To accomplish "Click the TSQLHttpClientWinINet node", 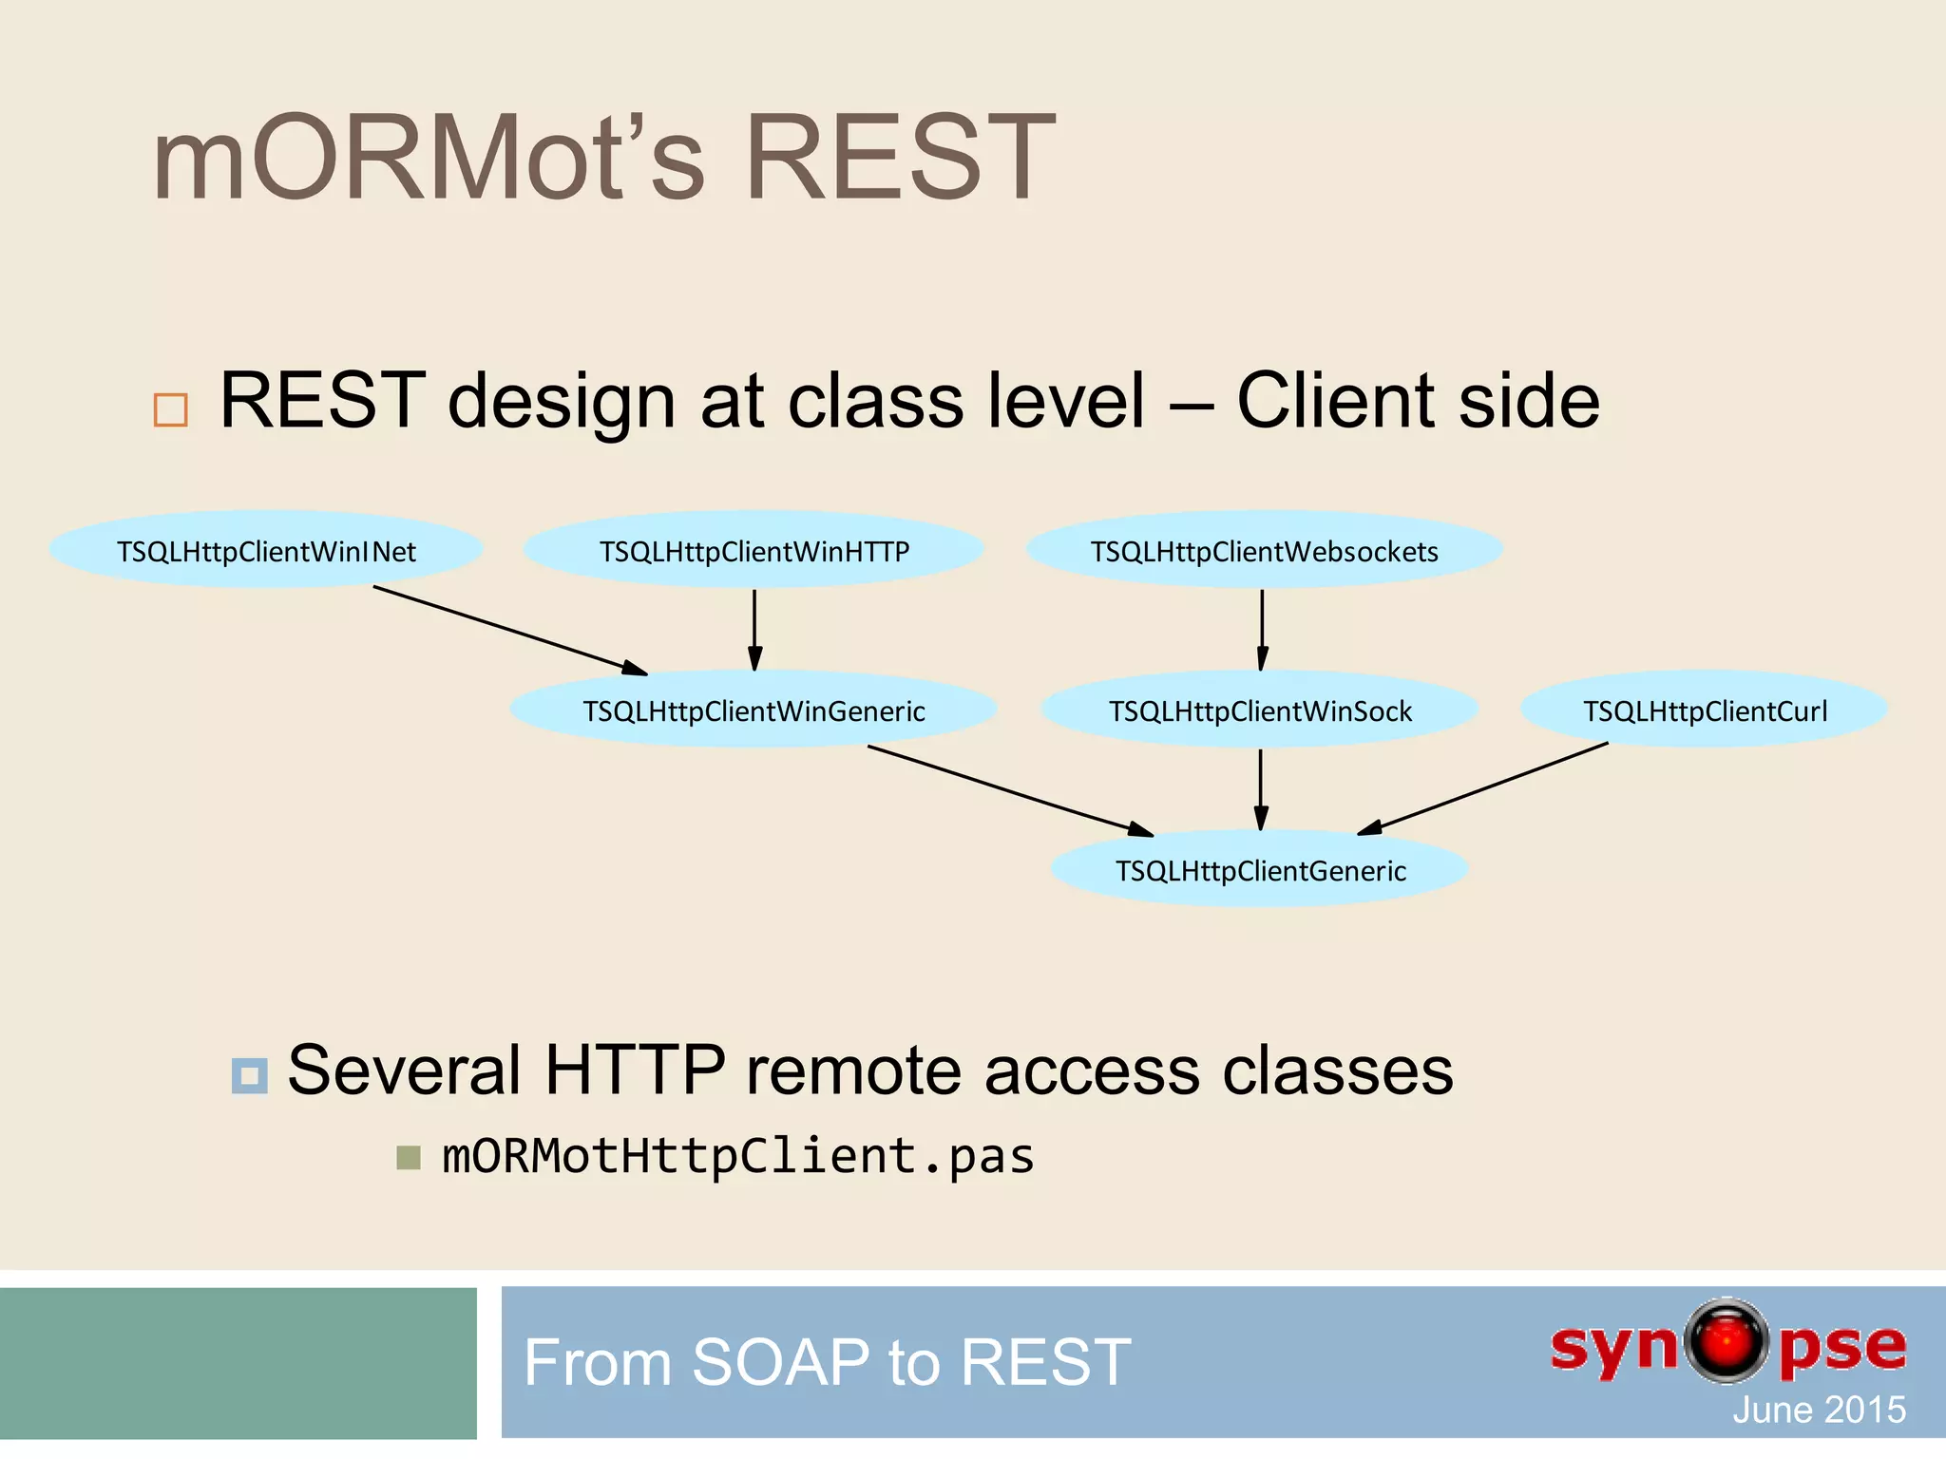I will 266,550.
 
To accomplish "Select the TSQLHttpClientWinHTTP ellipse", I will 754,550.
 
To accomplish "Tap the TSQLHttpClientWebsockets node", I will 1264,550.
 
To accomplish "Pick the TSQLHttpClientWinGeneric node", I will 754,710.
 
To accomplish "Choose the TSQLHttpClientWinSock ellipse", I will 1260,710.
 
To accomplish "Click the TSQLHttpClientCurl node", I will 1705,710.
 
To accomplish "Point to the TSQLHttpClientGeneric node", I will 1260,869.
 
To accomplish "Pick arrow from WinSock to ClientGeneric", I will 1261,788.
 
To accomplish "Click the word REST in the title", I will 899,158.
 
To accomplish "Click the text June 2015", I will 1819,1410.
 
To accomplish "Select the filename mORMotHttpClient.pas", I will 738,1157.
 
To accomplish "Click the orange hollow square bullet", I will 171,409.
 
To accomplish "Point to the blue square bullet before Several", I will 250,1075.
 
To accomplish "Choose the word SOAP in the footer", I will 780,1362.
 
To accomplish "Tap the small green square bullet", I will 409,1157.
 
